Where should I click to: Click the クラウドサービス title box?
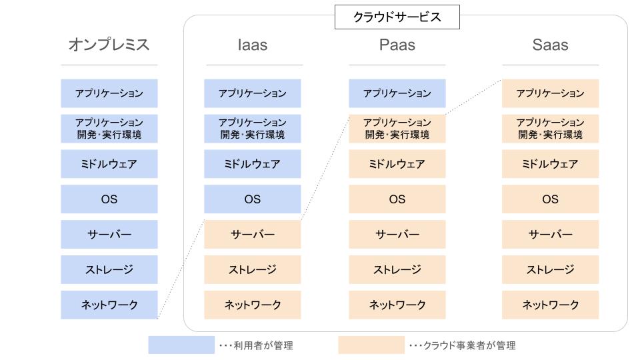click(397, 17)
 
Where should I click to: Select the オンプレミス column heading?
click(109, 45)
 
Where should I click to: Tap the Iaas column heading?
click(253, 45)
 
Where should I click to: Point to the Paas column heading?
click(397, 45)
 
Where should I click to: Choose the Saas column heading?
click(550, 45)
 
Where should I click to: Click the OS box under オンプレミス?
click(109, 199)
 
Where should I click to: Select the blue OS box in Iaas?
click(253, 199)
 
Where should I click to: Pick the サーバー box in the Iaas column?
click(253, 235)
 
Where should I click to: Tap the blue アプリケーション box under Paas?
click(397, 93)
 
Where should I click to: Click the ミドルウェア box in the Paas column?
click(397, 164)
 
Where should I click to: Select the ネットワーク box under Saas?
click(550, 305)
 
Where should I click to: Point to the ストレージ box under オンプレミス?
click(109, 269)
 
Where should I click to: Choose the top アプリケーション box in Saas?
click(550, 93)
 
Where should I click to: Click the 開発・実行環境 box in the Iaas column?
click(253, 129)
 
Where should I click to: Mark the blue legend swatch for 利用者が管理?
click(181, 345)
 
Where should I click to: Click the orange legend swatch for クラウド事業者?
click(371, 345)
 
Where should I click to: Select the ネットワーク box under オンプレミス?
click(109, 305)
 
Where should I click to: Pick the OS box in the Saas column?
click(550, 199)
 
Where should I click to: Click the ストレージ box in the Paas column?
click(397, 269)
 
